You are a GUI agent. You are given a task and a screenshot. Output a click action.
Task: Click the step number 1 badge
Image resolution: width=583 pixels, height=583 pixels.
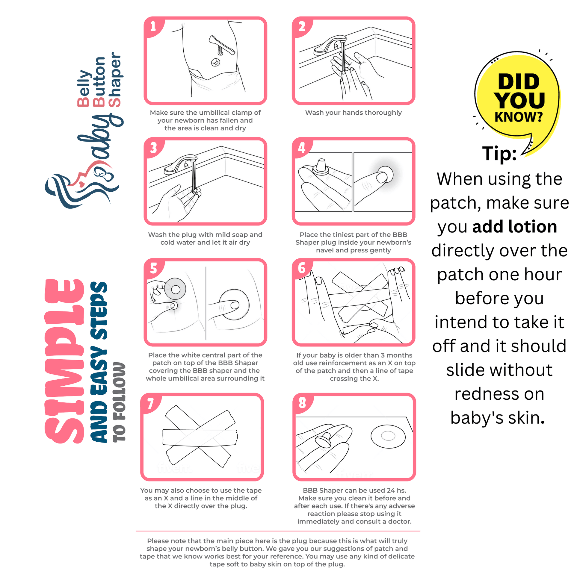pos(153,27)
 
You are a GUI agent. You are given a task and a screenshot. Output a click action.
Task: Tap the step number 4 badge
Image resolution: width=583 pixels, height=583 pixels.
pos(301,148)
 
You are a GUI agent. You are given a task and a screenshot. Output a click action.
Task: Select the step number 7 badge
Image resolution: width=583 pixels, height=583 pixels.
pos(150,403)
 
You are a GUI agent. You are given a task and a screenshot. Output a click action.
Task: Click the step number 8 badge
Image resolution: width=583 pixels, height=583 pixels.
pos(302,402)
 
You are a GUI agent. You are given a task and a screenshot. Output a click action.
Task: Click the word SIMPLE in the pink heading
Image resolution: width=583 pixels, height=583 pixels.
pos(64,361)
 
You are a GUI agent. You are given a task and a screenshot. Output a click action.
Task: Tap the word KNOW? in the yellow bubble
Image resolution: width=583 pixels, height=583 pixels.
pos(518,116)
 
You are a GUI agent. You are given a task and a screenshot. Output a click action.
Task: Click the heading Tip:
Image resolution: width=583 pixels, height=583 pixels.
pos(499,153)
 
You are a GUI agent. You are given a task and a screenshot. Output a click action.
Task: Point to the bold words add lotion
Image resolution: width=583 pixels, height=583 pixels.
pos(514,226)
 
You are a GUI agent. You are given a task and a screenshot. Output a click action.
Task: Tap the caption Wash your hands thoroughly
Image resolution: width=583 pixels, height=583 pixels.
pos(353,113)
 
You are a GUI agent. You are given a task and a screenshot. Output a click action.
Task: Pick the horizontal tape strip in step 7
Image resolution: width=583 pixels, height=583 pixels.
pos(200,437)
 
